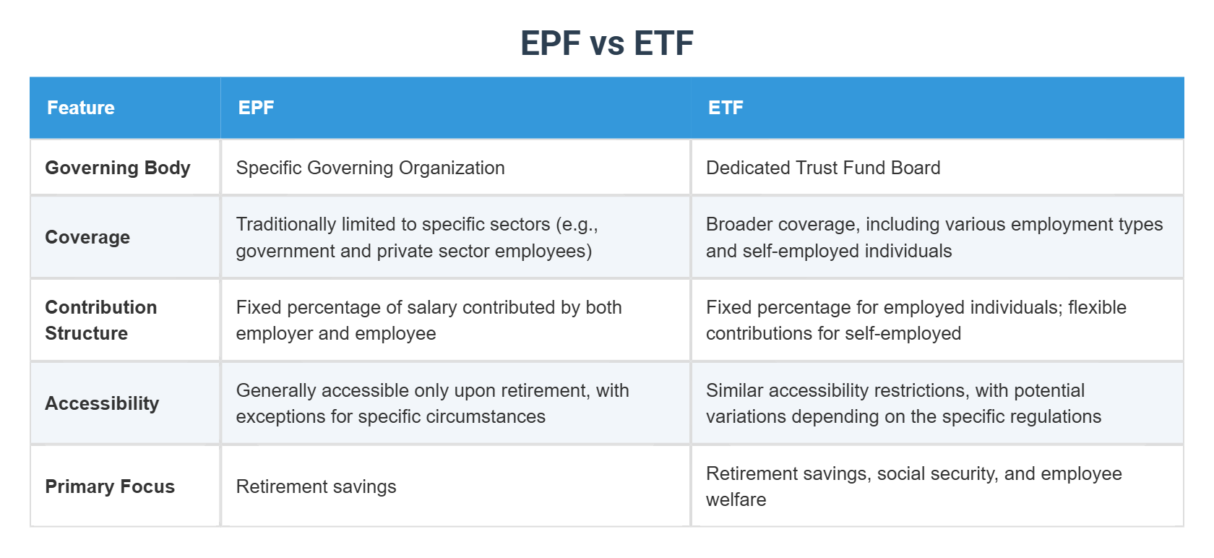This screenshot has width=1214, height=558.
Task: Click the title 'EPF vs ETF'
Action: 607,43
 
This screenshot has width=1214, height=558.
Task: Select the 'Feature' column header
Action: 81,108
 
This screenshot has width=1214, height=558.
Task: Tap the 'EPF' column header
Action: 256,108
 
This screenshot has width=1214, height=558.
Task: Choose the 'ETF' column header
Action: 726,108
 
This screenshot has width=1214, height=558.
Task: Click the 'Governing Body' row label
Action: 118,168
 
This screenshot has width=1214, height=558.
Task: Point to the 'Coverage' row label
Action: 87,237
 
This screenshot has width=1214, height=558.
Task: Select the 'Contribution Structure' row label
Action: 101,320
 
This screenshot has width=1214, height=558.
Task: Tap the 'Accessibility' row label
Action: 102,403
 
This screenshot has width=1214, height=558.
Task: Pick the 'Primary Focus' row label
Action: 110,486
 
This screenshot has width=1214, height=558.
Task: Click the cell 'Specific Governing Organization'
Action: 370,168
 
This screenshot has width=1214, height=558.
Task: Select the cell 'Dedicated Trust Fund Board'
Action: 823,168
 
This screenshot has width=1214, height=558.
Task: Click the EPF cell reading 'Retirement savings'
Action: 316,486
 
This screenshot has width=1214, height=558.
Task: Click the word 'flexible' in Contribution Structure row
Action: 1097,307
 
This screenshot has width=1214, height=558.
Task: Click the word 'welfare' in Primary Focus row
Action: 736,500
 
